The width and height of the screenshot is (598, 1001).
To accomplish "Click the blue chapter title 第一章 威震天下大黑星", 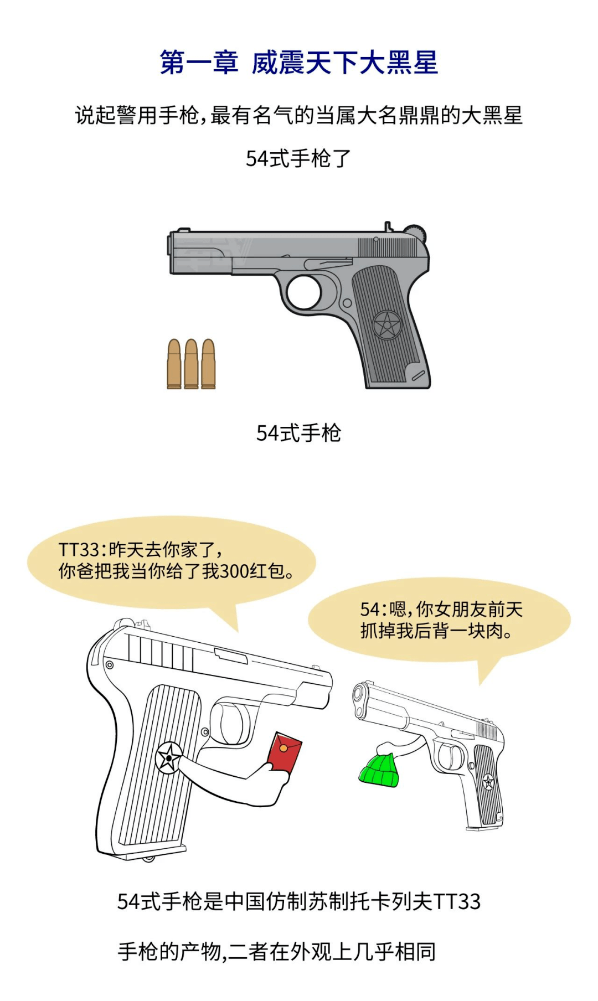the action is (x=299, y=62).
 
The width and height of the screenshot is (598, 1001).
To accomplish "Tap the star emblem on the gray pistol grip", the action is (x=386, y=325).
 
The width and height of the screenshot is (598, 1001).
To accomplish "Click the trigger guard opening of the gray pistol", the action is (x=304, y=292).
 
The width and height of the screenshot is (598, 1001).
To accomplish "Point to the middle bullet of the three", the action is (x=191, y=364).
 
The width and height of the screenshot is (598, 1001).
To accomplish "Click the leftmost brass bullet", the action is (x=174, y=364).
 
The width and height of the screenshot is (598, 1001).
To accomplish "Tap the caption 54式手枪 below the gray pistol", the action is (x=298, y=433).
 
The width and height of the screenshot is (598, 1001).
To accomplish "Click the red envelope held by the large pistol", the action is (x=284, y=752).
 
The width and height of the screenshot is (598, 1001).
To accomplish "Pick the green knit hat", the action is (x=380, y=770).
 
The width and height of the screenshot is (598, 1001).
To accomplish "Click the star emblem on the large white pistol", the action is (x=169, y=757).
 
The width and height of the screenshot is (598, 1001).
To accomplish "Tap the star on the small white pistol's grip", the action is (x=488, y=782).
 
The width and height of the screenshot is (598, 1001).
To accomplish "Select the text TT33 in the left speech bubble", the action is (x=78, y=550).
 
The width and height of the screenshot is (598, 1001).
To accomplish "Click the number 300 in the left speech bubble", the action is (x=234, y=571).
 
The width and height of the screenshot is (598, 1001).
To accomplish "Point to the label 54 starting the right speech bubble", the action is (x=369, y=610).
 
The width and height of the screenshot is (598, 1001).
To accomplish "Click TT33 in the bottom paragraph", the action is (x=457, y=902).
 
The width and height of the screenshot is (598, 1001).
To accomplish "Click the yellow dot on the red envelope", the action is (x=283, y=749).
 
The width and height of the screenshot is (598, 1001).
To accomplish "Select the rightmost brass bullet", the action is (x=208, y=364).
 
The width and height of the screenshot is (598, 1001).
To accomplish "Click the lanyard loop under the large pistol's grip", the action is (x=148, y=858).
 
